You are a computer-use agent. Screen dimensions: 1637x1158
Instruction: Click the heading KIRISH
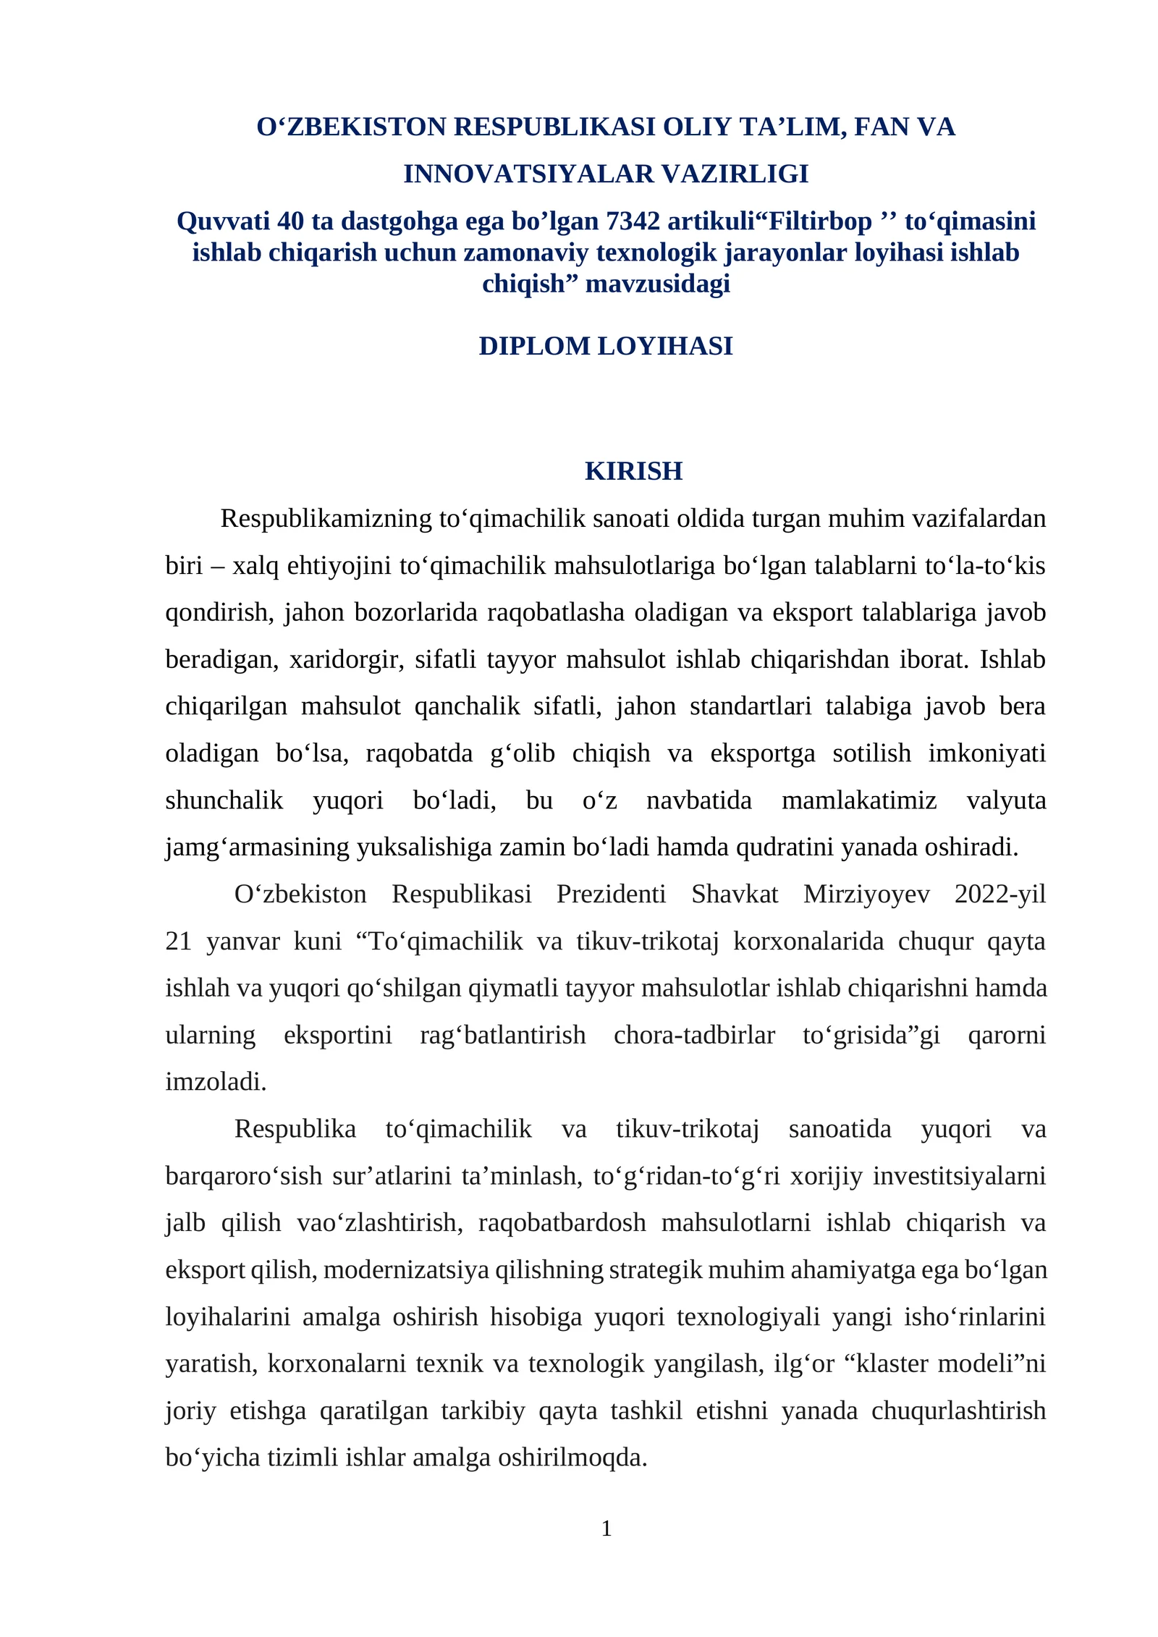coord(633,471)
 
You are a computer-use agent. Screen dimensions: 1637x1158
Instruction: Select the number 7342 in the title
coord(633,221)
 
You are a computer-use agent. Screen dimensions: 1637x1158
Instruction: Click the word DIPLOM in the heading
coord(534,346)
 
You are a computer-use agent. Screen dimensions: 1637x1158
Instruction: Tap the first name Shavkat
coord(735,894)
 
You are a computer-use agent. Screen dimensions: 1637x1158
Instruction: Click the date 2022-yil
coord(1000,894)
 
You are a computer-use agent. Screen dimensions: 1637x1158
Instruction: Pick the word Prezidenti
coord(611,894)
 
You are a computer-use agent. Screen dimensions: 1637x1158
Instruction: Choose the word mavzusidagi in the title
coord(657,284)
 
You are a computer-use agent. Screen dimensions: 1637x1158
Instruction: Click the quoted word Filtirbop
coord(820,221)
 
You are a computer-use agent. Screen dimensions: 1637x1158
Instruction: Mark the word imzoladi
coord(216,1082)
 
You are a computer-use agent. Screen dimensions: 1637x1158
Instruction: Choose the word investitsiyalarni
coord(959,1176)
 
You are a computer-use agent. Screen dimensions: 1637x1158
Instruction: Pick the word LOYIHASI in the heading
coord(665,346)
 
